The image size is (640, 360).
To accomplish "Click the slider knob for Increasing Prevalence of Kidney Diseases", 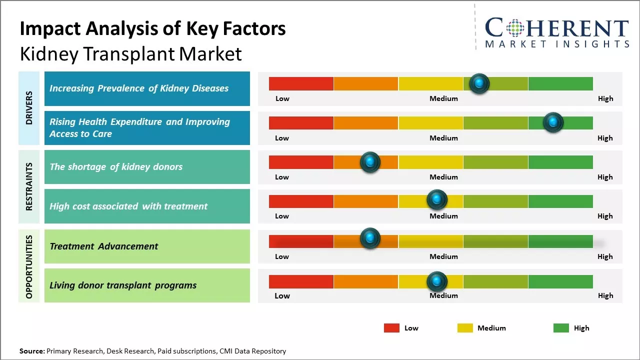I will [479, 83].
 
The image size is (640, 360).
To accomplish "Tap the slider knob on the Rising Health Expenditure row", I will [553, 122].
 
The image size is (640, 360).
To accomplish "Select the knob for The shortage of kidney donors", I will [370, 162].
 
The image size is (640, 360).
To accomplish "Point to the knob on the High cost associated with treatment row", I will [437, 200].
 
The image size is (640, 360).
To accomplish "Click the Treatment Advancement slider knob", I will [370, 238].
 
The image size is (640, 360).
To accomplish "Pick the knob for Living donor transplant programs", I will [437, 281].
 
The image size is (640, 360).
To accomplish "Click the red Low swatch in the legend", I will [391, 328].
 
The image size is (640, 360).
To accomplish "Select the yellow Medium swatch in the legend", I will [465, 328].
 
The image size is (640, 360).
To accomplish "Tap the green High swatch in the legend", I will [561, 328].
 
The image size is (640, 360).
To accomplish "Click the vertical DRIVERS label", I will [29, 107].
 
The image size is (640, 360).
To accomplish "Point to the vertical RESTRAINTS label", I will [29, 186].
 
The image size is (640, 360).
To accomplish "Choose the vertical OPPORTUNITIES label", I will [29, 266].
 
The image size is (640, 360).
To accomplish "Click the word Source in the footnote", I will [31, 351].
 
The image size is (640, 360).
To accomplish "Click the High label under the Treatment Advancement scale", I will [605, 256].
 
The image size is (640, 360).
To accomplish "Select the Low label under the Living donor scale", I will [282, 295].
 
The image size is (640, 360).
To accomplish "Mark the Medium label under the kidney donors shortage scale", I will [443, 177].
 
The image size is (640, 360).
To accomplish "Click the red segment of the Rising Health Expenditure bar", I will [301, 123].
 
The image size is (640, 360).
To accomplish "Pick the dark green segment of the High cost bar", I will [560, 201].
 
